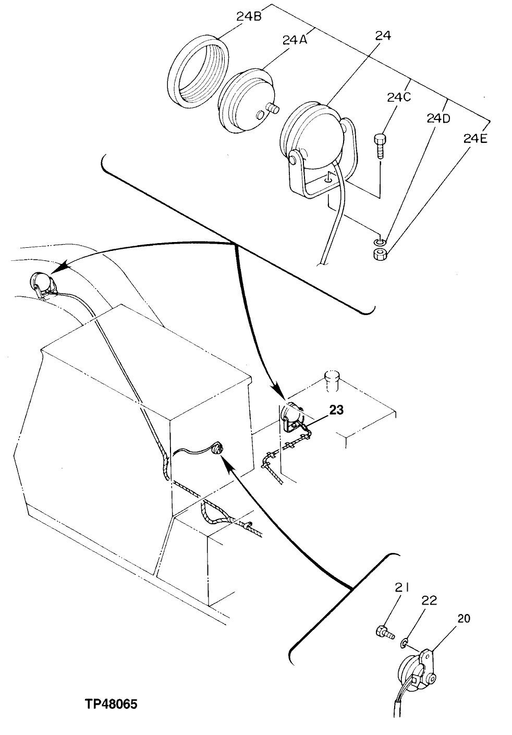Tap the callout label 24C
[x=399, y=98]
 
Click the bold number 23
[x=336, y=411]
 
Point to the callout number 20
[x=464, y=619]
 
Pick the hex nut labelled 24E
[x=380, y=255]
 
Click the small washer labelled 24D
[x=380, y=242]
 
